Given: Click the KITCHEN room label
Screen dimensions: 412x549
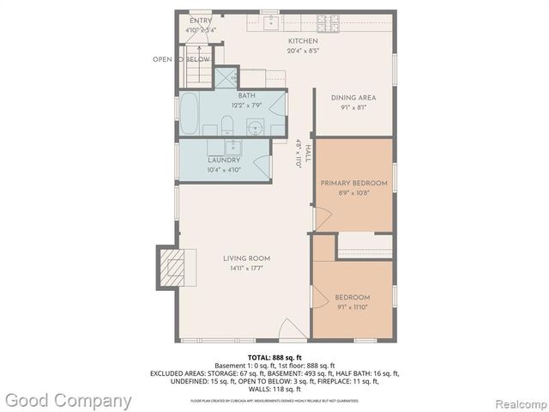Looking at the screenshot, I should tap(303, 40).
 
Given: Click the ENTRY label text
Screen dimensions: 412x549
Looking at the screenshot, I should tap(201, 21).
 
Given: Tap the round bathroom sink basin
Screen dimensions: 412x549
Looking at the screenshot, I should tap(255, 130).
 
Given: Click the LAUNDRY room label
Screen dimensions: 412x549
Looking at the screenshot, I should tap(223, 161).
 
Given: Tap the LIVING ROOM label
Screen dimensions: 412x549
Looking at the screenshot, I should tap(247, 258).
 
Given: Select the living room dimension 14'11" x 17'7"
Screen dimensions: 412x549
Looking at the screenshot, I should tap(247, 269).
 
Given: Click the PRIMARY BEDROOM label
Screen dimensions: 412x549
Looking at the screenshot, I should tap(353, 184).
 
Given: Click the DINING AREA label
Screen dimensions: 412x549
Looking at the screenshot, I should tap(353, 98).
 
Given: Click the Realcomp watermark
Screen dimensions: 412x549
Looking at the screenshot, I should tap(516, 400).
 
